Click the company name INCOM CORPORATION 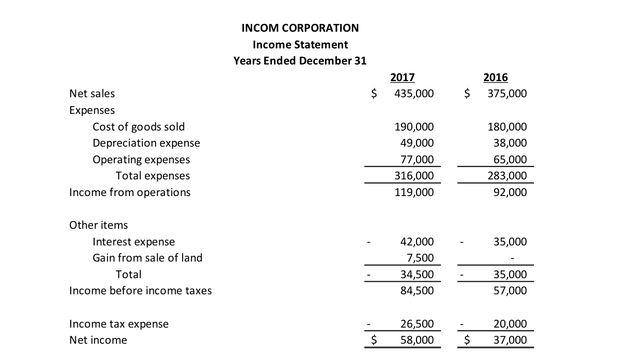click(300, 28)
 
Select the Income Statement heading click(300, 44)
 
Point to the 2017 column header click(402, 77)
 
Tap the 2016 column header click(495, 77)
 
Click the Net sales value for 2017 click(414, 94)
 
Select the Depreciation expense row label click(146, 143)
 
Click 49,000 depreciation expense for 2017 click(417, 143)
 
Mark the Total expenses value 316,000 click(414, 176)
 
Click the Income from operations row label click(130, 192)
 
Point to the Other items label click(98, 225)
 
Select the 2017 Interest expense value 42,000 click(417, 242)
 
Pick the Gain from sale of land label click(147, 258)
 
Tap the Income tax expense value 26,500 click(417, 324)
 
